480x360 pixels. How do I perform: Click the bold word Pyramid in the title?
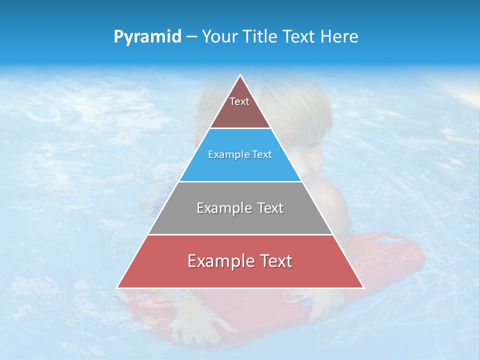click(147, 36)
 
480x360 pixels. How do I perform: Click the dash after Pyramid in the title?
click(191, 37)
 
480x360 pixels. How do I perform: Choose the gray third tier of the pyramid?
click(240, 220)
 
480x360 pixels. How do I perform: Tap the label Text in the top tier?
click(239, 101)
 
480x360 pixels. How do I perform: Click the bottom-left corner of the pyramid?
click(117, 287)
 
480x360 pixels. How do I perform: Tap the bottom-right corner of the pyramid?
click(363, 287)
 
